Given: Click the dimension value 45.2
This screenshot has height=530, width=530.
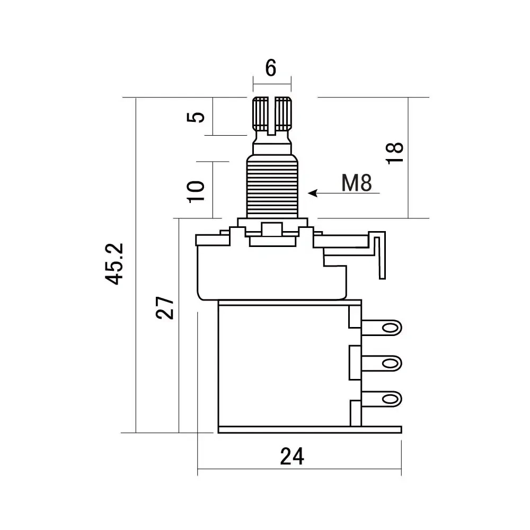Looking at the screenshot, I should click(x=114, y=264).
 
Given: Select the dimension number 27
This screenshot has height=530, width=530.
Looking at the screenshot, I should click(x=165, y=307).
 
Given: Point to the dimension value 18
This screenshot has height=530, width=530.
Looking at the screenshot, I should click(x=396, y=154).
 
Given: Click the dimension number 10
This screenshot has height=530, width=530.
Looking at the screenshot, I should click(x=196, y=191).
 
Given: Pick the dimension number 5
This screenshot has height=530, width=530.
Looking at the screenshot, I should click(x=197, y=117).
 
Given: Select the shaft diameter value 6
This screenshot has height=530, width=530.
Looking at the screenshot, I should click(x=271, y=68).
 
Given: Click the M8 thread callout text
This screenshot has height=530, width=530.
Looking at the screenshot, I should click(x=357, y=183).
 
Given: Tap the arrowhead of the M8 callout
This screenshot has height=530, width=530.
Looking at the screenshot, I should click(x=313, y=193).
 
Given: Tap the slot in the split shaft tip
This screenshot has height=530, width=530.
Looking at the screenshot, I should click(x=272, y=114).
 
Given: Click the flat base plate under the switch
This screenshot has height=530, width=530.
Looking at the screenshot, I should click(x=310, y=430).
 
